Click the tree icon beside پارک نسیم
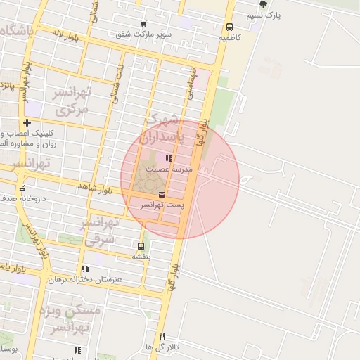point(263,4)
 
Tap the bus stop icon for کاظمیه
point(229,27)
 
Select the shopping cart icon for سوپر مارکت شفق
point(143,24)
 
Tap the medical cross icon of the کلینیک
point(27,122)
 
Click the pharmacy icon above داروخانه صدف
point(22,188)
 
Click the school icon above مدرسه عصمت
point(168,159)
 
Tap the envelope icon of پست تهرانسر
point(162,194)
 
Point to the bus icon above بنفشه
point(141,246)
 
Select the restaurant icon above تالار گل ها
point(162,336)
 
